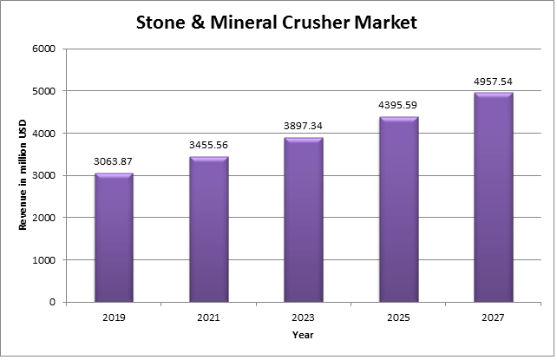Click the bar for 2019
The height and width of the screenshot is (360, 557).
coord(114,238)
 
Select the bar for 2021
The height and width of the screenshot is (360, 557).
coord(208,229)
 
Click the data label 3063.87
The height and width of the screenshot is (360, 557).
coord(114,161)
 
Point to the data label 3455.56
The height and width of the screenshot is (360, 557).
coord(208,145)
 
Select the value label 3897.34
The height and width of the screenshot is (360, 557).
coord(303,126)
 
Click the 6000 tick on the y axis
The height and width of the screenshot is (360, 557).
coord(44,49)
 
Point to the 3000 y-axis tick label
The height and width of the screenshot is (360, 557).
coord(44,175)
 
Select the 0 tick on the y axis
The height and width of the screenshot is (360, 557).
coord(53,303)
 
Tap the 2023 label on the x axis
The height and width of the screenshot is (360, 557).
coord(303,318)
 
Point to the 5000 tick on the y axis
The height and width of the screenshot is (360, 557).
coord(44,91)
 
